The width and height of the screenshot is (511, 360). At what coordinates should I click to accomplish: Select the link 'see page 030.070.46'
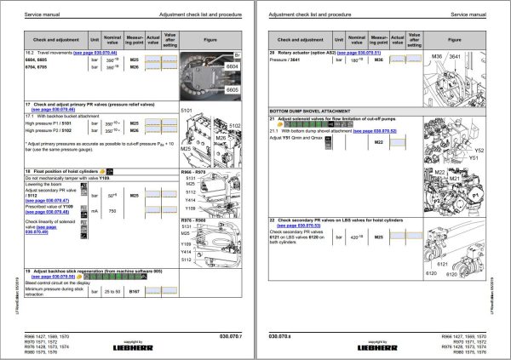pyautogui.click(x=53, y=110)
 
